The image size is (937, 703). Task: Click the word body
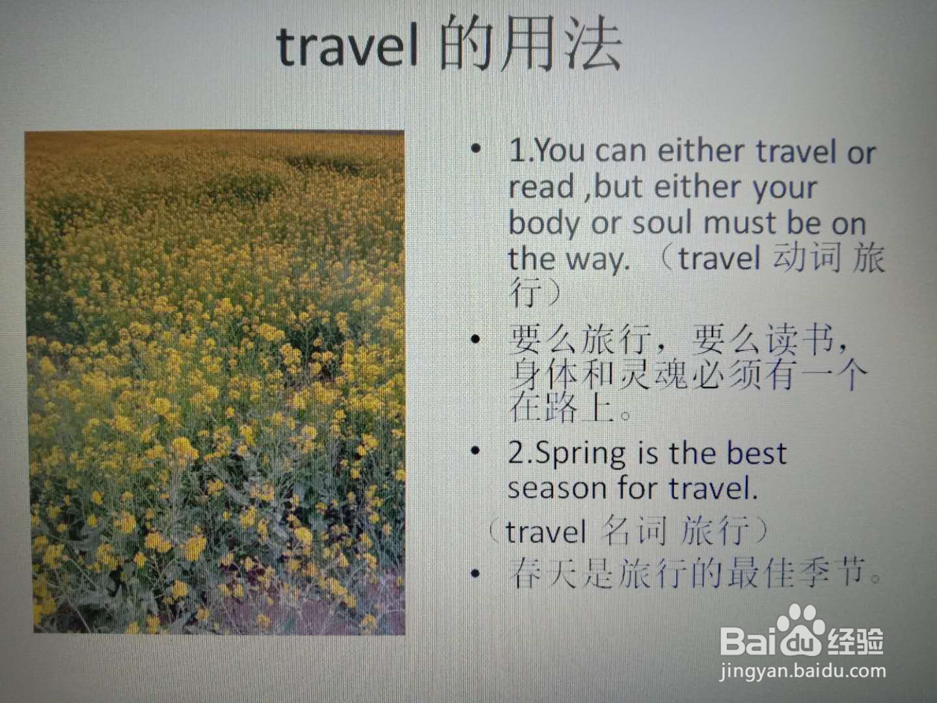545,225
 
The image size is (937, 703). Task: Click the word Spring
580,454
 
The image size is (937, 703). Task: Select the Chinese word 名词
632,530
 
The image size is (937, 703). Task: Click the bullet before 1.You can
476,148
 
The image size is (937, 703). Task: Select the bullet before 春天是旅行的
475,573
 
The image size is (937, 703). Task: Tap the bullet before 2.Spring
475,450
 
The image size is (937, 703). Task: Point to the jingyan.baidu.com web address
802,671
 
